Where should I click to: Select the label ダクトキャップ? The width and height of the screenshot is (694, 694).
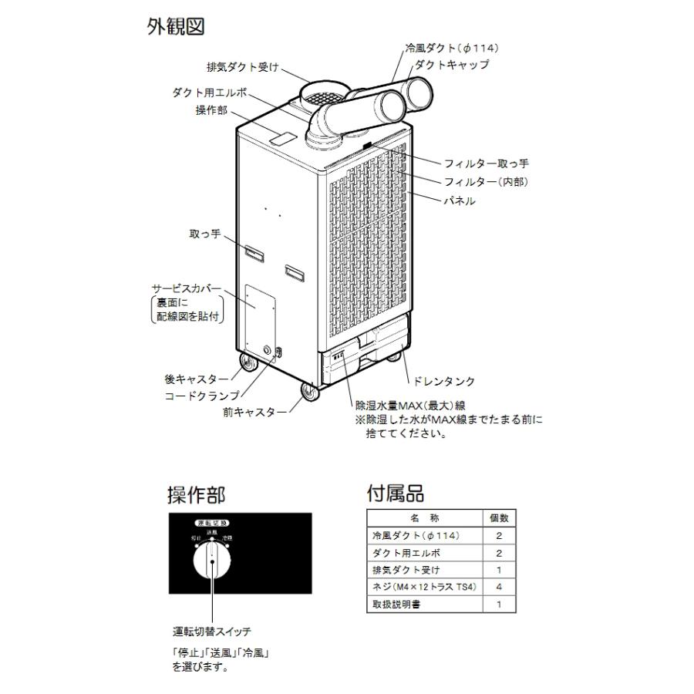click(452, 65)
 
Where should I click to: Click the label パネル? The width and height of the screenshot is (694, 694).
click(460, 200)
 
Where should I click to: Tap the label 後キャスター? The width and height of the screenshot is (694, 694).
click(197, 379)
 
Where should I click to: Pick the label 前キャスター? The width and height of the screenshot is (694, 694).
click(254, 413)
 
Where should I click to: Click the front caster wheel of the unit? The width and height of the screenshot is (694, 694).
click(308, 393)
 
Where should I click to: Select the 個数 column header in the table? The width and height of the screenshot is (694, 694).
click(499, 518)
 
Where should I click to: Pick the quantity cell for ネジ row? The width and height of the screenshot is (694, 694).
click(499, 588)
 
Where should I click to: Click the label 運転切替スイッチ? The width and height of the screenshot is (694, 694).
click(212, 632)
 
